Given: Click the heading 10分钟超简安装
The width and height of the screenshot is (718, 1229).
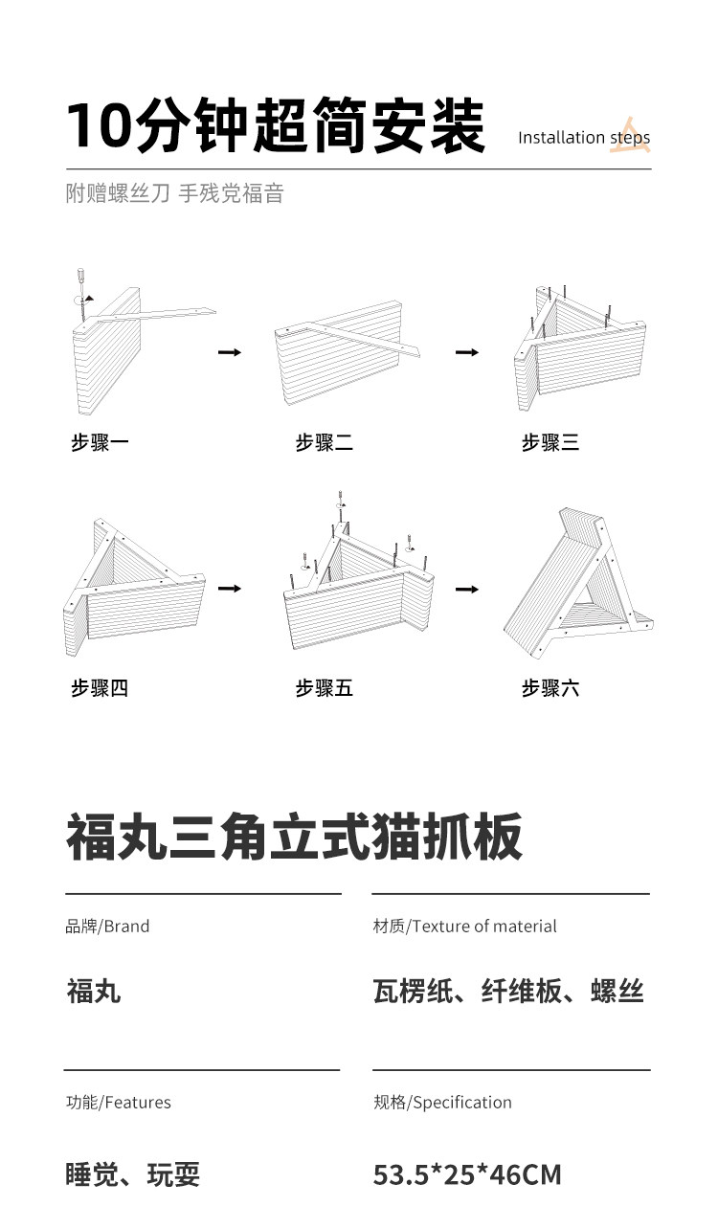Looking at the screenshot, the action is [x=275, y=126].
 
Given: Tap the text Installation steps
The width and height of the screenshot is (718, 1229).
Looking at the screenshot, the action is [x=584, y=138].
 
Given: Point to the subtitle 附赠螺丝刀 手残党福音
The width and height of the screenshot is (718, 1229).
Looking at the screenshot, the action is [x=175, y=193].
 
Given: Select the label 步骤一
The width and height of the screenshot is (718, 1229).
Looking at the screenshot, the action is [x=100, y=442].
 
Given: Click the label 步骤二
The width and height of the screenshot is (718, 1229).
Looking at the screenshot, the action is [x=325, y=442].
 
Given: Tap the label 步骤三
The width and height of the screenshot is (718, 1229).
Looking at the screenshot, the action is [x=550, y=442].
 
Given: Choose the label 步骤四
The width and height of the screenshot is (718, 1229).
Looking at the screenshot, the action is [x=100, y=687].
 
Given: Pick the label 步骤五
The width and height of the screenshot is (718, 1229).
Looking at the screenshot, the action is [x=325, y=687].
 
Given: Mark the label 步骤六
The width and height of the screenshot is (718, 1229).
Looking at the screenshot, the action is [x=550, y=687].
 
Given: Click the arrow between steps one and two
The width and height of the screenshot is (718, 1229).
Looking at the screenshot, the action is [x=230, y=352].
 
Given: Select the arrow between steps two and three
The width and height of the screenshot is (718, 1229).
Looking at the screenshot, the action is [x=466, y=352].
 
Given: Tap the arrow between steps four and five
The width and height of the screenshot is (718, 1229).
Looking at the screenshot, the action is [x=230, y=588].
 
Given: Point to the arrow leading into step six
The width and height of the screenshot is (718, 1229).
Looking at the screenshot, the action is [x=466, y=588].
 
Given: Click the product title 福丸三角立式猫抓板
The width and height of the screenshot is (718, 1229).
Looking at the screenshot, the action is [x=295, y=837].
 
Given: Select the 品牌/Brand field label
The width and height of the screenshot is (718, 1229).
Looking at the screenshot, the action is [x=107, y=926].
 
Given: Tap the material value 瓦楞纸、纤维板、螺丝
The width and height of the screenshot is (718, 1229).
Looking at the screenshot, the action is [x=508, y=992].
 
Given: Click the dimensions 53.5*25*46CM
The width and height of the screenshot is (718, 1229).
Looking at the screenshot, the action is [x=467, y=1174].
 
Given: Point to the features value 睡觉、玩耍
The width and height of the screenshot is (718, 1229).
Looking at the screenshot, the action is [x=133, y=1174].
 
